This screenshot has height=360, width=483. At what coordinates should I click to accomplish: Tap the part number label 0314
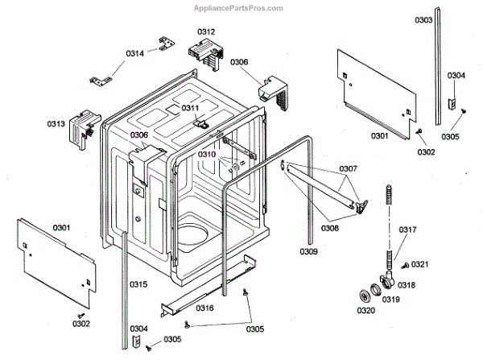pyautogui.click(x=134, y=53)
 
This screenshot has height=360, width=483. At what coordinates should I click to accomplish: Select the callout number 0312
pyautogui.click(x=206, y=31)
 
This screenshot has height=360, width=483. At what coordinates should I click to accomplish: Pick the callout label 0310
pyautogui.click(x=207, y=154)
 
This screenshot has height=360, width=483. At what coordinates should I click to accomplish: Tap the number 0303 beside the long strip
pyautogui.click(x=446, y=19)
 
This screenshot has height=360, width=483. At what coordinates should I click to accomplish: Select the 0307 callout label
pyautogui.click(x=349, y=168)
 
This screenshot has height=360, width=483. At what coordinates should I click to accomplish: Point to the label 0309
pyautogui.click(x=309, y=251)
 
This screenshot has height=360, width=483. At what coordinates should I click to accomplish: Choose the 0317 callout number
pyautogui.click(x=408, y=230)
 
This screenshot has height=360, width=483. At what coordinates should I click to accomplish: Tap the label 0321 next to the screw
pyautogui.click(x=420, y=264)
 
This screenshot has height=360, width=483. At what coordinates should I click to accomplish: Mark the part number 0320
pyautogui.click(x=366, y=310)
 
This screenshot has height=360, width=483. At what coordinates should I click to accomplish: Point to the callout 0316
pyautogui.click(x=204, y=308)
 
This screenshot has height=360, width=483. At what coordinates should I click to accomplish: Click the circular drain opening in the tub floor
pyautogui.click(x=193, y=234)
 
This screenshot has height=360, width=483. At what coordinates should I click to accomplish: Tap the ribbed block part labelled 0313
pyautogui.click(x=83, y=130)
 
